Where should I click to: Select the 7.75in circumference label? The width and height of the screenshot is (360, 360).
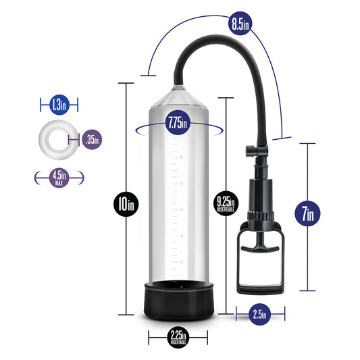(x=178, y=123)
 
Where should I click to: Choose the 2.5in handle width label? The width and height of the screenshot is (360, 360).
(x=260, y=314)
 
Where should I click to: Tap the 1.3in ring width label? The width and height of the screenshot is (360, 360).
(x=57, y=105)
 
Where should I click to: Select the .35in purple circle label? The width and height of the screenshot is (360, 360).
(x=93, y=140)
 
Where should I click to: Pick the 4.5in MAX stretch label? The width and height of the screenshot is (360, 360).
(x=59, y=178)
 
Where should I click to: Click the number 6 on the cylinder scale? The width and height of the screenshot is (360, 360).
(x=180, y=157)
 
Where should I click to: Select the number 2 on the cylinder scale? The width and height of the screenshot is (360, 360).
(x=180, y=261)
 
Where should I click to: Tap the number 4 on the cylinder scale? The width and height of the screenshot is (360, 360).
(x=180, y=209)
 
